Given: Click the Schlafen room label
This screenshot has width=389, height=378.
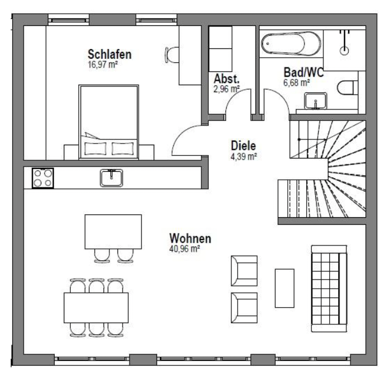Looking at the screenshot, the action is (x=109, y=54).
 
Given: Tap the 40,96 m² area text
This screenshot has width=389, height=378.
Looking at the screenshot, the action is (x=185, y=248).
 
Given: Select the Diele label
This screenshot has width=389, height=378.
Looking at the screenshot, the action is (x=243, y=146).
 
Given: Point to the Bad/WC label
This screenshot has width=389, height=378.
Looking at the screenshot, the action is (x=303, y=72).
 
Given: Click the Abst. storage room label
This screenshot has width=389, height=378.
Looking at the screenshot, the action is (x=227, y=79).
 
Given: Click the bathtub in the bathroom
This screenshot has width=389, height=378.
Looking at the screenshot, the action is (x=291, y=44).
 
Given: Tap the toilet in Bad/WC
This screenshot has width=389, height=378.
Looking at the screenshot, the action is (x=348, y=88).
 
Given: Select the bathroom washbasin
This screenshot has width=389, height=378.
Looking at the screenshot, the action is (x=315, y=101).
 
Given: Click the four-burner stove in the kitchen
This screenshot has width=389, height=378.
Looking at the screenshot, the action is (x=43, y=178).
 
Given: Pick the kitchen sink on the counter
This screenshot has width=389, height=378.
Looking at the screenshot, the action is (x=112, y=178).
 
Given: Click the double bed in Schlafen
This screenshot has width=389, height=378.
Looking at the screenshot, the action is (x=108, y=122).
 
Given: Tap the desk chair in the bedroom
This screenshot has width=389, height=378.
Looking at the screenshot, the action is (x=171, y=55).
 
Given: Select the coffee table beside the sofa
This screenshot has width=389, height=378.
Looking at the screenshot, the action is (x=284, y=288).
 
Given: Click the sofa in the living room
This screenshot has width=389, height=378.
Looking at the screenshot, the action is (x=329, y=288).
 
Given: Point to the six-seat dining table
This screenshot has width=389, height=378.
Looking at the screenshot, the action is (x=96, y=308).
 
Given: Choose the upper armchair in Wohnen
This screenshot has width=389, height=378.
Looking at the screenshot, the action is (x=244, y=271).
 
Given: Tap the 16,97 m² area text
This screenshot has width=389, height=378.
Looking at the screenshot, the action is (x=102, y=65).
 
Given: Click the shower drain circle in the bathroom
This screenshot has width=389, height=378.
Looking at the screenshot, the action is (x=344, y=50).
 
